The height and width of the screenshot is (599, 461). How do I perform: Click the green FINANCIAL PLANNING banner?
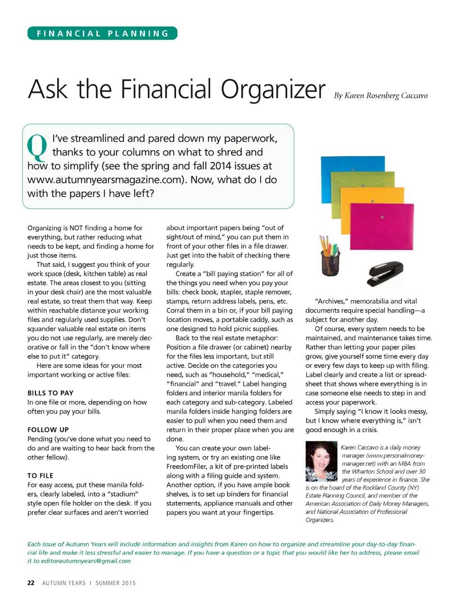(x=103, y=33)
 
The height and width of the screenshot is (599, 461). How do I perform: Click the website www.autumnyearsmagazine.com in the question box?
(x=106, y=180)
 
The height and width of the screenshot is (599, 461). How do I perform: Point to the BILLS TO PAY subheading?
(x=50, y=393)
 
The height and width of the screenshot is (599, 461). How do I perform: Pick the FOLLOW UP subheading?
(x=48, y=430)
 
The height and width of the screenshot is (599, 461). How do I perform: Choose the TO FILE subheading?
(x=41, y=476)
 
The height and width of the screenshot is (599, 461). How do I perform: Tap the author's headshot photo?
(x=321, y=462)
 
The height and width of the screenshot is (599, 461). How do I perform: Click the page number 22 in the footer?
(x=31, y=583)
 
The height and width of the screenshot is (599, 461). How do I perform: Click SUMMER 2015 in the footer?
(x=116, y=583)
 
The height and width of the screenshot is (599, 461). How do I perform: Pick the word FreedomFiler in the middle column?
(x=185, y=466)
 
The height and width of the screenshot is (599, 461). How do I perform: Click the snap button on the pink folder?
(x=382, y=218)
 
